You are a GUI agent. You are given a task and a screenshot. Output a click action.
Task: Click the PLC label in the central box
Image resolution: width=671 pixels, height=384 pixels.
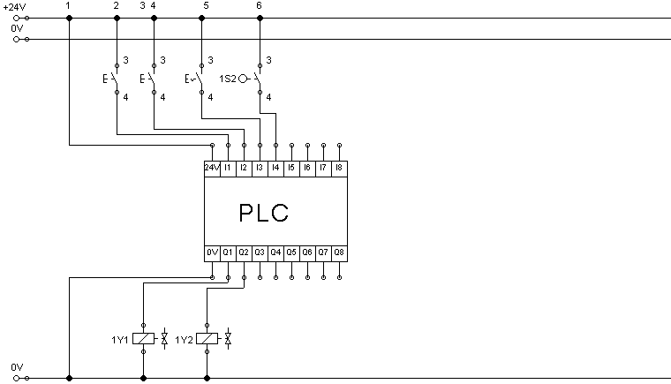(264, 213)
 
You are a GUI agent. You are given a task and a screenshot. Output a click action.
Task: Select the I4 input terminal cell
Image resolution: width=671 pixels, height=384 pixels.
(275, 169)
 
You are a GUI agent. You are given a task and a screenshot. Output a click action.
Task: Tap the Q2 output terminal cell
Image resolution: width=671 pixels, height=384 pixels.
(244, 253)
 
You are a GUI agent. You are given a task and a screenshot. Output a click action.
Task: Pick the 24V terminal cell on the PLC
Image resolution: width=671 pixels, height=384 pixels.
(212, 169)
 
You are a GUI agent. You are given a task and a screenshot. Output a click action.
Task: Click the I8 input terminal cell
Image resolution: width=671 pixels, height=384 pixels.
(339, 169)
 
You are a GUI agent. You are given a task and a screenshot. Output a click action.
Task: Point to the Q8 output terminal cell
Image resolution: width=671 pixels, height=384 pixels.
(339, 253)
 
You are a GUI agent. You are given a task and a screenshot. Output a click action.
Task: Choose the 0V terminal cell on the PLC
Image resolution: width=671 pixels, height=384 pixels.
(212, 253)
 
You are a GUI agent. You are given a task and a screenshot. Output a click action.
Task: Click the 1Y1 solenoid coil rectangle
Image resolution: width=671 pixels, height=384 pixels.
(143, 339)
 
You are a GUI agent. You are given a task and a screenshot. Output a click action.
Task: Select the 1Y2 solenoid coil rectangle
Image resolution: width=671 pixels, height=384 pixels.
(207, 339)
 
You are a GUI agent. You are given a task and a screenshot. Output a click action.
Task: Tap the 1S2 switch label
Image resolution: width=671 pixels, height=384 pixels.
(228, 79)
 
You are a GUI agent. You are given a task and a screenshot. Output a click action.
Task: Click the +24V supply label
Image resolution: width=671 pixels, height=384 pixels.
(14, 7)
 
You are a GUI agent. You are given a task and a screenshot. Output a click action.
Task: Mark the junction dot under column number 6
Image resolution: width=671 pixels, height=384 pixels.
(260, 18)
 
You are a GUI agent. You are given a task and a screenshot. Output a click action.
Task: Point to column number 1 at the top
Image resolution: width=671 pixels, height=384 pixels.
(68, 5)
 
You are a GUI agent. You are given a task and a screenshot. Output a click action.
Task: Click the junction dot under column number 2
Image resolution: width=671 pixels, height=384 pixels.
(117, 18)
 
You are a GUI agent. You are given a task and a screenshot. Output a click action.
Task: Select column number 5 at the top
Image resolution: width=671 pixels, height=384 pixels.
(207, 5)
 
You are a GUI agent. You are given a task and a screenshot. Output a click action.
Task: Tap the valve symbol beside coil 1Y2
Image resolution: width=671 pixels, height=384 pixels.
(228, 339)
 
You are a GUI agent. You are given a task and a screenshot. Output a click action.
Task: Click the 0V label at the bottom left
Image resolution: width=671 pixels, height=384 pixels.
(17, 367)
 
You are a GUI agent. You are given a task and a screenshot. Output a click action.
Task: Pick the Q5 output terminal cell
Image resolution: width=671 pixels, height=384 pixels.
(291, 253)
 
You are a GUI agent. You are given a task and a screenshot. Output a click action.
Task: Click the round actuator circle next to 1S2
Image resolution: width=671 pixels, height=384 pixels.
(243, 79)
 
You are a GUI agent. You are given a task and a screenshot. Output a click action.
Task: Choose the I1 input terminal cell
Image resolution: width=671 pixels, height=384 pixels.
(228, 169)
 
